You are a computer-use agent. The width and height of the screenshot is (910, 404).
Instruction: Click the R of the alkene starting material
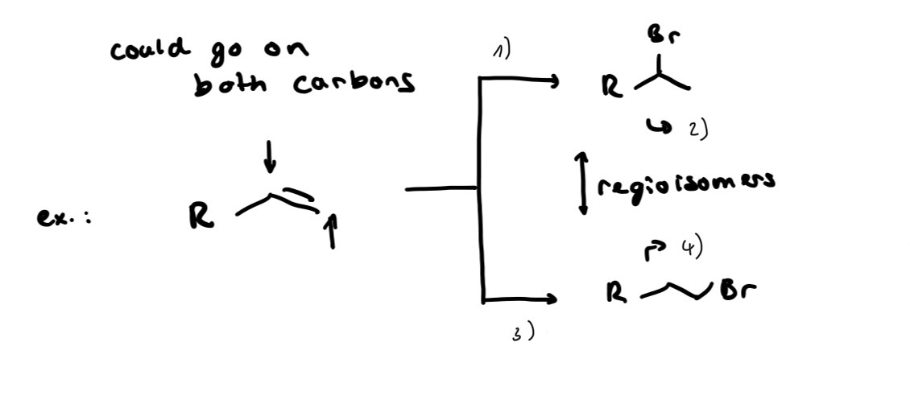201,217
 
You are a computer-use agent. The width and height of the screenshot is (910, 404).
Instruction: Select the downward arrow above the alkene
269,156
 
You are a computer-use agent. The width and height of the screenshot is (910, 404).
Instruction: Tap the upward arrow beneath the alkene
332,231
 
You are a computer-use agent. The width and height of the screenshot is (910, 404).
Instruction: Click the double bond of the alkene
296,198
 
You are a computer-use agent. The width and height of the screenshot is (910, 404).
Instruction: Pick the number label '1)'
502,51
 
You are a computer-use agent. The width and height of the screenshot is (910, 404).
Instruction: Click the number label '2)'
699,130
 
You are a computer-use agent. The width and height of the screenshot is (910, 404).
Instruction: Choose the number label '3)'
522,333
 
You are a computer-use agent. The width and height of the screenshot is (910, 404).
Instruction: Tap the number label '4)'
692,248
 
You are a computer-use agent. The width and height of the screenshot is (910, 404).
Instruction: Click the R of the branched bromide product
612,87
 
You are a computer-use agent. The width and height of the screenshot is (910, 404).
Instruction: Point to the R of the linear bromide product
616,293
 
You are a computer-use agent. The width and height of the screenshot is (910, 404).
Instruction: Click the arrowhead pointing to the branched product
553,81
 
